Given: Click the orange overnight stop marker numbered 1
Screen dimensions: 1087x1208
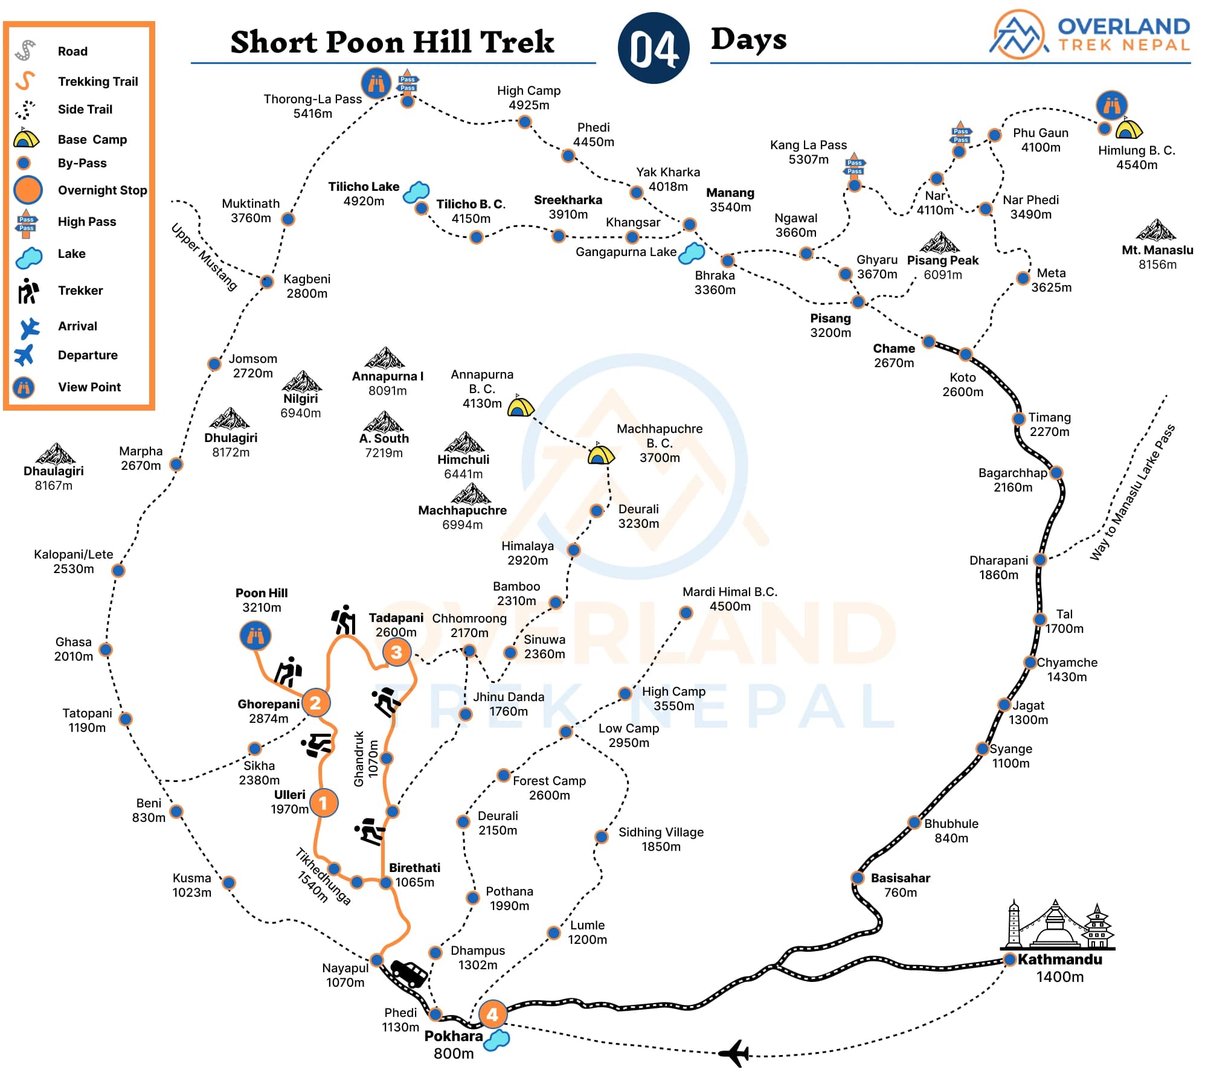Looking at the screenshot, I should click(x=323, y=803).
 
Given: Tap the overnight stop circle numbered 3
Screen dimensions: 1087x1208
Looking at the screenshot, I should click(x=396, y=652).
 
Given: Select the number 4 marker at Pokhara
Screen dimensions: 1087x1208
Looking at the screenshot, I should click(x=492, y=1014).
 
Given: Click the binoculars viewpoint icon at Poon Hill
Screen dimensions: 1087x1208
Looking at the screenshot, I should click(x=255, y=636).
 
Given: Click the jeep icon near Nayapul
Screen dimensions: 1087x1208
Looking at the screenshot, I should click(x=409, y=973).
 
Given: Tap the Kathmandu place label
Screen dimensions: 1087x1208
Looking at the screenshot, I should click(x=1059, y=960).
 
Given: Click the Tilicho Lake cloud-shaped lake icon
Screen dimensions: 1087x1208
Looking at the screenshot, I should click(x=416, y=191).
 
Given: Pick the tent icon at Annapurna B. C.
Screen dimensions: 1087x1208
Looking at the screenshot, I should click(x=520, y=406).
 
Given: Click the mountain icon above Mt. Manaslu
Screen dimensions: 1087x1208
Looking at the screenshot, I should click(x=1156, y=230).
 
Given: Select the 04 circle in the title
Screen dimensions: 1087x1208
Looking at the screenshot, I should click(x=654, y=48).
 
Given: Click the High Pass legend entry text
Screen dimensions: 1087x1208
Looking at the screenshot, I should click(x=87, y=222).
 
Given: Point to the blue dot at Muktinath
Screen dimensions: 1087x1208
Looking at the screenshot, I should click(x=288, y=219).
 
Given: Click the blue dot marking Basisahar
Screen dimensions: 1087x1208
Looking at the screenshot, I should click(x=858, y=877).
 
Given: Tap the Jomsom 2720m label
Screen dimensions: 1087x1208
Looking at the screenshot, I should click(x=252, y=366).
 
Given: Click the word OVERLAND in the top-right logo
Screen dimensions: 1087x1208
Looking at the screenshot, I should click(x=1123, y=27).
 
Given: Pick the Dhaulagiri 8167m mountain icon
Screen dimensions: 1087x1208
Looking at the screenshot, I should click(x=55, y=454).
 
